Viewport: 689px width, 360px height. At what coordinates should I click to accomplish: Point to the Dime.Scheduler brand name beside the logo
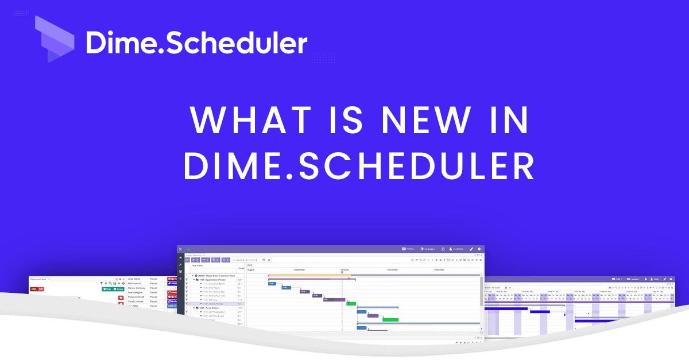tap(196, 42)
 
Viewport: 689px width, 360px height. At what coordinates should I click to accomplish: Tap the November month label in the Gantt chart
tap(393, 269)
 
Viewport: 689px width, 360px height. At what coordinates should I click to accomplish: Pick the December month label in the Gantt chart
tap(440, 269)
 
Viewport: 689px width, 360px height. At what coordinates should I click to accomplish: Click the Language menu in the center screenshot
tap(428, 249)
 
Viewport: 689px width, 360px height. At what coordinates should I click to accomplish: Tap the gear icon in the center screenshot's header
tap(479, 249)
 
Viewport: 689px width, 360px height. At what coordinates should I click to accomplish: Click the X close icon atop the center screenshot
tap(180, 249)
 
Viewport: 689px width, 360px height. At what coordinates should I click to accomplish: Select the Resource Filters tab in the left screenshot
tap(40, 279)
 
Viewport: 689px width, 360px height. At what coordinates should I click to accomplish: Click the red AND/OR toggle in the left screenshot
tap(37, 289)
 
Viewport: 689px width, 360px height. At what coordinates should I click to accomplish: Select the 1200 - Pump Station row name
tap(210, 308)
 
